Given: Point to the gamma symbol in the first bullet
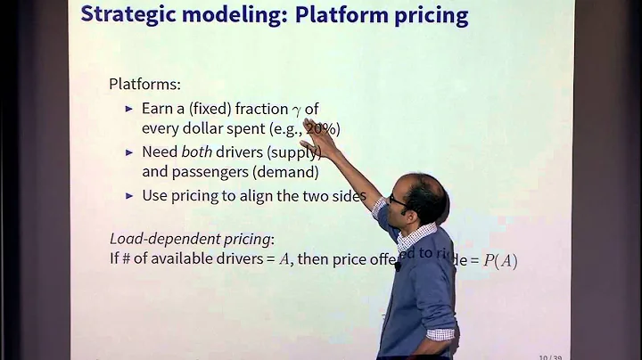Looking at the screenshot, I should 296,110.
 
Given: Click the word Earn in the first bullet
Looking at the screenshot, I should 158,108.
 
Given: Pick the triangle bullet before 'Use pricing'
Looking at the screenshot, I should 130,195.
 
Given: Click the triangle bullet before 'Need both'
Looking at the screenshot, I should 130,152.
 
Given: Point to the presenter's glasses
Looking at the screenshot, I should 399,200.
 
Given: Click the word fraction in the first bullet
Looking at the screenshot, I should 258,108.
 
